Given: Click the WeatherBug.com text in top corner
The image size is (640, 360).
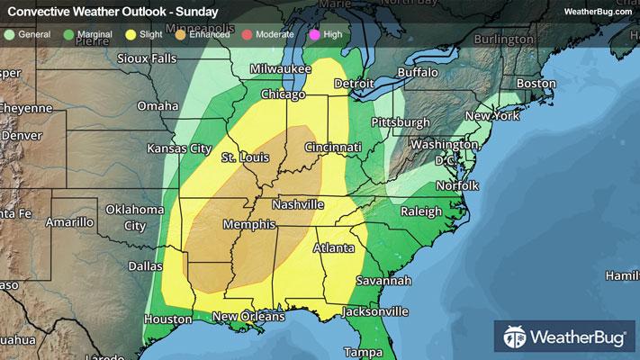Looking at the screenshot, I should click(597, 11).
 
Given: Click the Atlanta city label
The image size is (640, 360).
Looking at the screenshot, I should click(334, 247).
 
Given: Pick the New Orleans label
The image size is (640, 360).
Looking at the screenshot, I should click(248, 316).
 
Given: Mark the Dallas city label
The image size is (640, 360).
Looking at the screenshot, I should click(145, 266).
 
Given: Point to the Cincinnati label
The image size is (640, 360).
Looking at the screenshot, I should click(332, 147).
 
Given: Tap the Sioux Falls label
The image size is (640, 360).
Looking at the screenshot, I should click(147, 58).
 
